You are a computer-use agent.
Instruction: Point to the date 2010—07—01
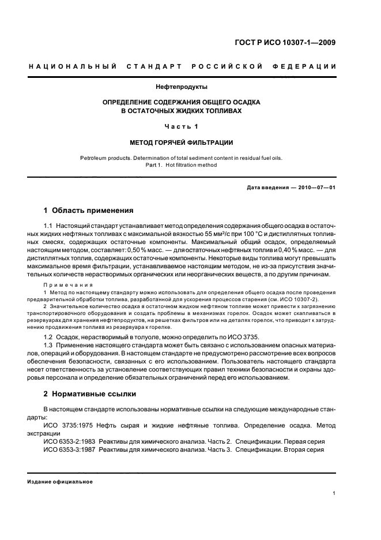[x=316, y=188]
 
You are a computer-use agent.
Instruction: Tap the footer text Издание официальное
[x=61, y=482]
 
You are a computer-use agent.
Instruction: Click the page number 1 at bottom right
[x=334, y=493]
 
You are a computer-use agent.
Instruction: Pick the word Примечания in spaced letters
[x=69, y=285]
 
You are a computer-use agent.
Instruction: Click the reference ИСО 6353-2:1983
[x=69, y=441]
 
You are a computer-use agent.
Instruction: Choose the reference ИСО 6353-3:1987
[x=69, y=449]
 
